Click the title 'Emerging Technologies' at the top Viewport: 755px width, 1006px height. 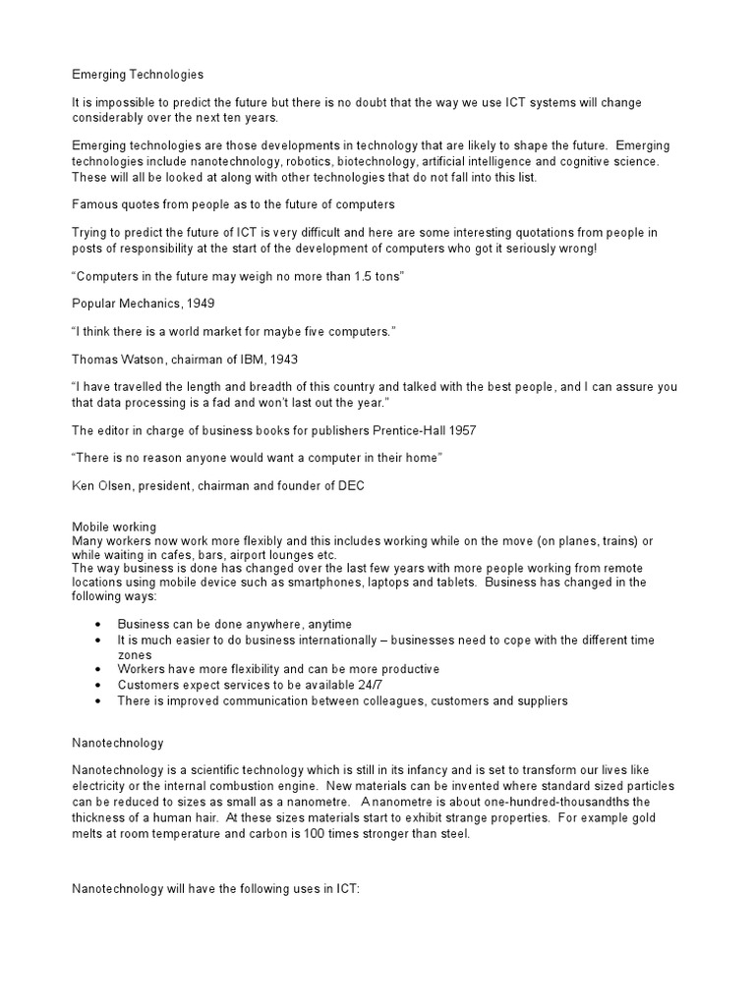138,74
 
